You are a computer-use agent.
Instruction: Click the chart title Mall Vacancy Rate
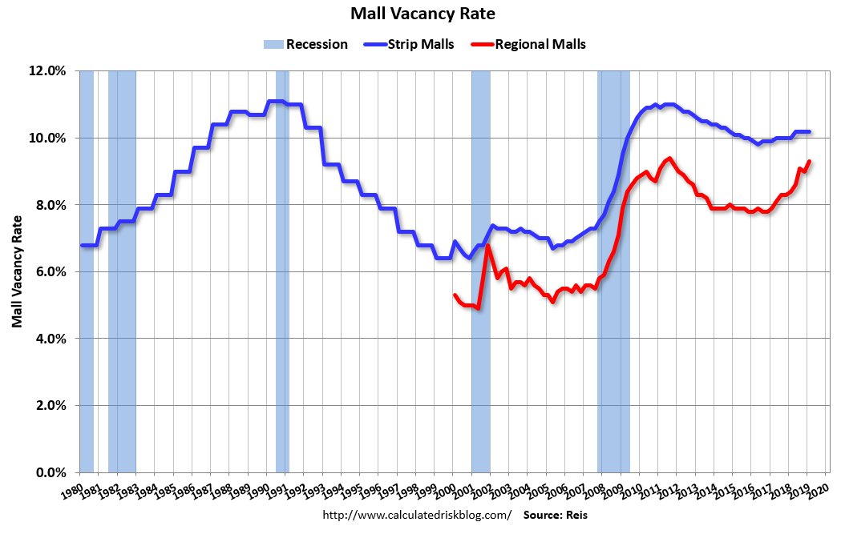[x=423, y=14]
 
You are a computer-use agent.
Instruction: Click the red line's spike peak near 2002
[x=487, y=245]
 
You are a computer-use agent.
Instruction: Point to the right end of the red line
[x=810, y=161]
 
